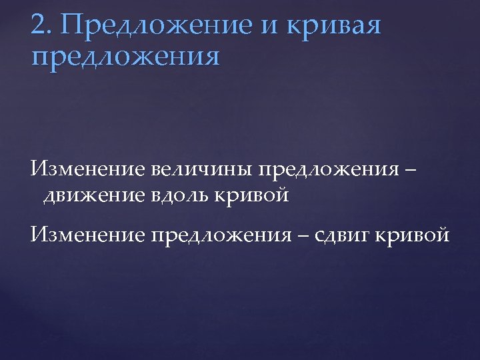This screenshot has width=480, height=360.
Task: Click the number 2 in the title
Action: tap(38, 26)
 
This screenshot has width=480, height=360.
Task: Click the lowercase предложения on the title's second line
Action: tap(125, 57)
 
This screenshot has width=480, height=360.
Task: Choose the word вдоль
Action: tap(181, 196)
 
